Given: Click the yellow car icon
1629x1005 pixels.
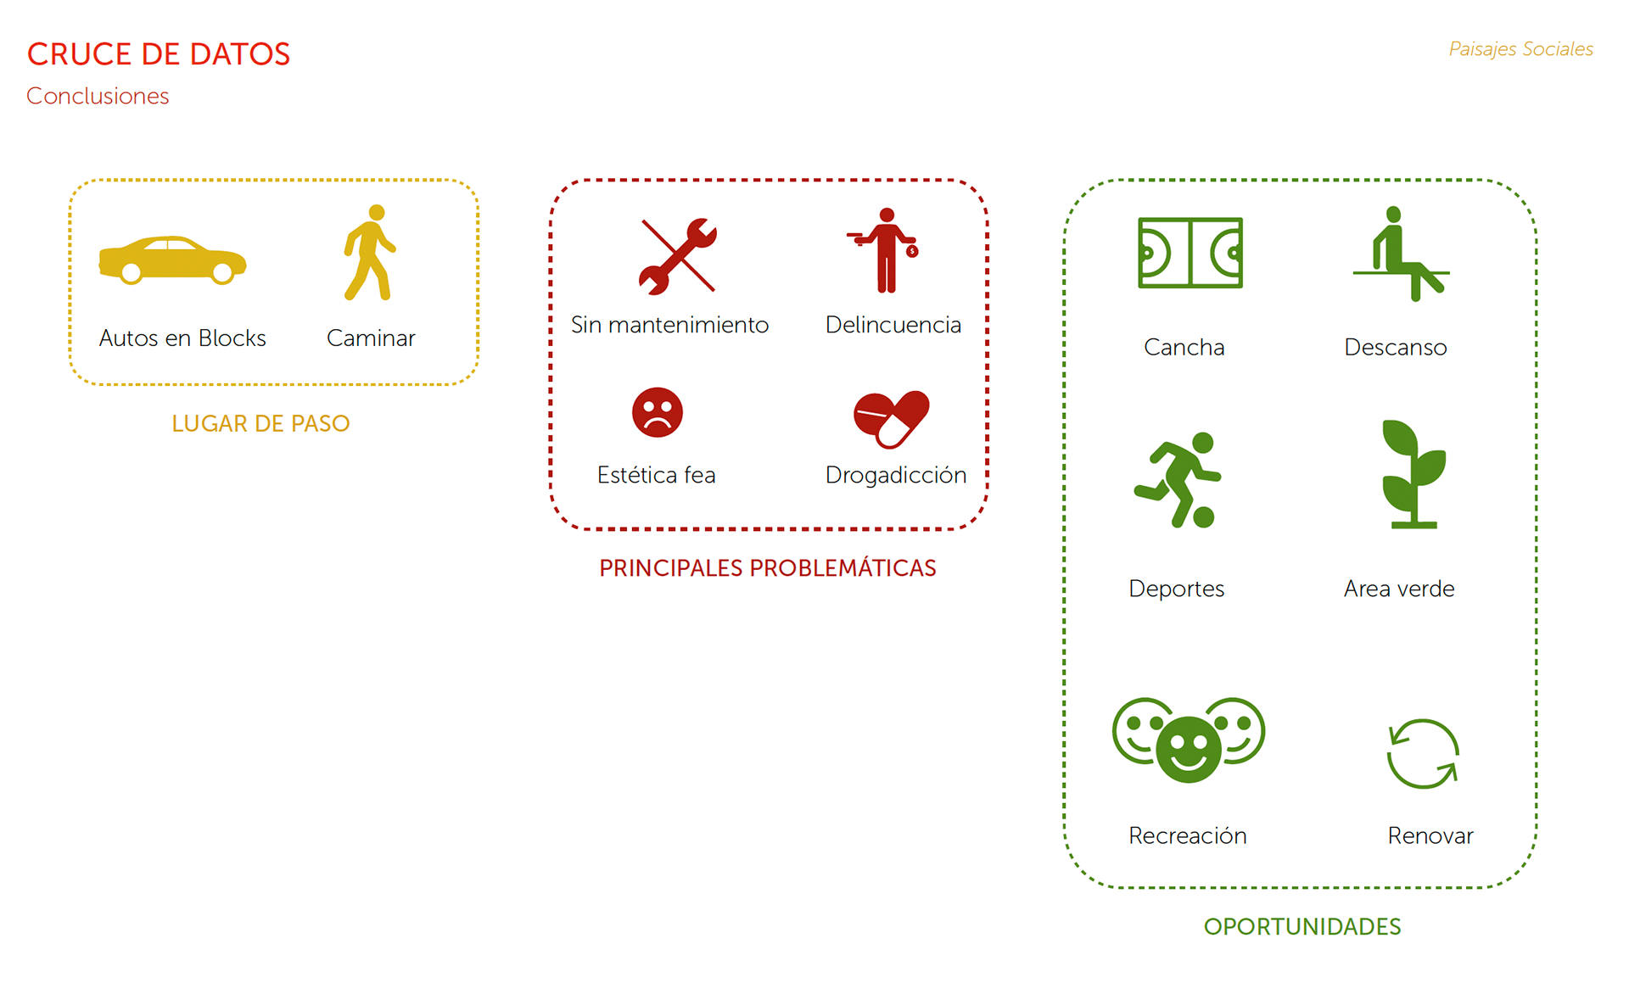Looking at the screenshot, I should [172, 260].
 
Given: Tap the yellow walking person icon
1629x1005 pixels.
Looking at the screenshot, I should [370, 253].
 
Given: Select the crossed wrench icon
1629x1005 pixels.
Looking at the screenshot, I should [677, 255].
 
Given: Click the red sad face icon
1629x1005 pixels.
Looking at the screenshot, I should [657, 412].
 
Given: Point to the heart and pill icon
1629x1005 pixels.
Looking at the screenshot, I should [891, 418].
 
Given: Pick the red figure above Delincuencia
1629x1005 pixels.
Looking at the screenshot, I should [886, 251].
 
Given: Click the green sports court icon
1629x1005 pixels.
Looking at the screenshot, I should [1190, 253].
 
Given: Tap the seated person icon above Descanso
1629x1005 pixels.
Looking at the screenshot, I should [1400, 254].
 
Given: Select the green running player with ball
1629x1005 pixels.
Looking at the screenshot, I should [1178, 480].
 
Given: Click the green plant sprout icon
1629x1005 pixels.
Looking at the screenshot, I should [1413, 474].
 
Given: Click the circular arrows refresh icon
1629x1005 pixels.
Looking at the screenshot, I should [1423, 754].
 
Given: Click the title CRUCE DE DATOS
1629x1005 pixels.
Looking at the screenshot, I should [159, 54].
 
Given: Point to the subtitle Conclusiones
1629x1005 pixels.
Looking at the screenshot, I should [98, 96].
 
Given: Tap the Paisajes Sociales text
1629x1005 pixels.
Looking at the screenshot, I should [1520, 49].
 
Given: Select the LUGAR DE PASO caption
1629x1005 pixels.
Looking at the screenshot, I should [260, 423].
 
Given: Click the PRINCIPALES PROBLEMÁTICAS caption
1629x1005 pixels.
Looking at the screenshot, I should [767, 568].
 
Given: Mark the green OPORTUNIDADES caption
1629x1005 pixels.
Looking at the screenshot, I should [1302, 926].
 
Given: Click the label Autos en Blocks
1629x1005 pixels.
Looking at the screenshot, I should [182, 338].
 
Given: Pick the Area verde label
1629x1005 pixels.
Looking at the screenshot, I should [1399, 589].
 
